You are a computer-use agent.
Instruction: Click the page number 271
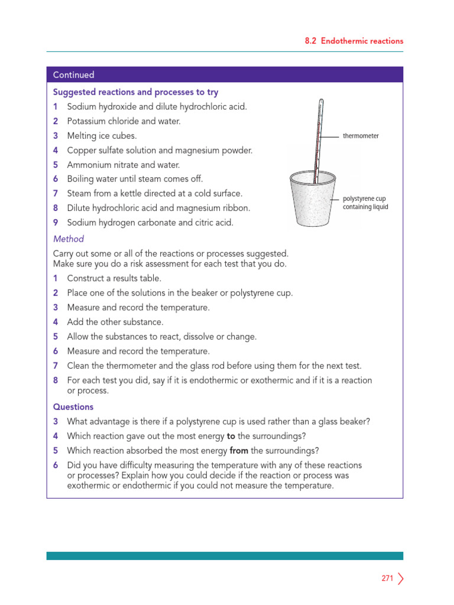(387, 578)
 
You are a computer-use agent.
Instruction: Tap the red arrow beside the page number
(401, 578)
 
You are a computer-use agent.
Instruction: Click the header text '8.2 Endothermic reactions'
(354, 41)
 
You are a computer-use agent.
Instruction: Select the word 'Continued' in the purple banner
(73, 75)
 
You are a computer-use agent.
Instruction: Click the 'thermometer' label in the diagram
(361, 136)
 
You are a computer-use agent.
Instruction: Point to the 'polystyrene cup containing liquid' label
(365, 203)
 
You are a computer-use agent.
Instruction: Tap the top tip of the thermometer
(322, 101)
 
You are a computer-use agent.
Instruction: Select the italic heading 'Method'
(69, 239)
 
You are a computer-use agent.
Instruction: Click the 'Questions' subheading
(73, 406)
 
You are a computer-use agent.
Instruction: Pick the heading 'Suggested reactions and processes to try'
(135, 92)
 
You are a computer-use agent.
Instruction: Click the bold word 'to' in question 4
(231, 436)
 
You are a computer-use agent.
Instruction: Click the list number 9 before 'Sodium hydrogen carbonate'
(56, 223)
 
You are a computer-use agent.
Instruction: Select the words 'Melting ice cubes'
(102, 136)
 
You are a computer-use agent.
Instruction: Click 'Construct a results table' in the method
(114, 278)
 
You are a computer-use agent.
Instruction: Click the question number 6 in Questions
(56, 465)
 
